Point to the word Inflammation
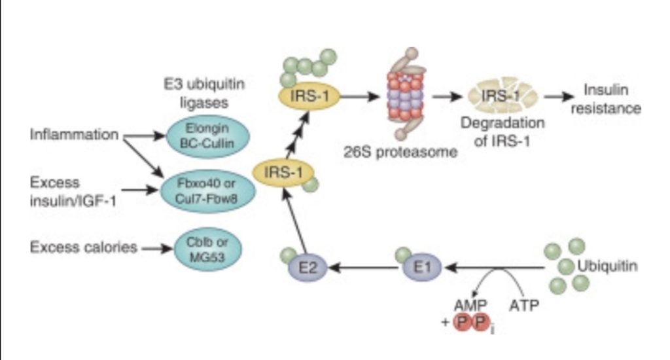tap(74, 135)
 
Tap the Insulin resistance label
tap(605, 99)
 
